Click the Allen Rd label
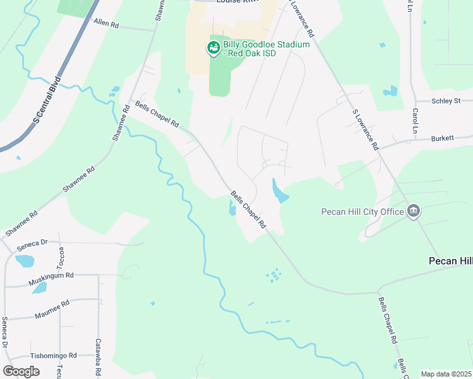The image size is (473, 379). (x=106, y=23)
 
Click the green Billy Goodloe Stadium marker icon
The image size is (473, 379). (x=214, y=48)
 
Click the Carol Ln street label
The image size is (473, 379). (x=415, y=121)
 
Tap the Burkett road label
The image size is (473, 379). (x=444, y=138)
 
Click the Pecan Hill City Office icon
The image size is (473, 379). (x=414, y=212)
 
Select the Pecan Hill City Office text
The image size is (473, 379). (x=362, y=212)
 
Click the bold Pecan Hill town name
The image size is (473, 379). (x=451, y=260)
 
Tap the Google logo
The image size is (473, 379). (x=21, y=371)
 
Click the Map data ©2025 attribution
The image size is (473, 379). (x=446, y=374)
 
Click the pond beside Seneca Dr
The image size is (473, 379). (x=25, y=260)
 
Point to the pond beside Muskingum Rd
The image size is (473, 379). (x=39, y=288)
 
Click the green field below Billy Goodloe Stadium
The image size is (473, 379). (x=219, y=79)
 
